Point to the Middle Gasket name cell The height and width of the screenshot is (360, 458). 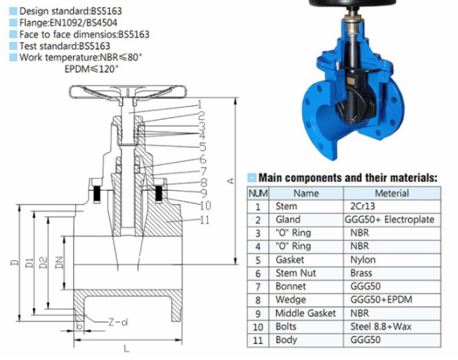tap(306, 313)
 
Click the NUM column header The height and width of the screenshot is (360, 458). tap(258, 194)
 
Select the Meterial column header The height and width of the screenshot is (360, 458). tap(392, 194)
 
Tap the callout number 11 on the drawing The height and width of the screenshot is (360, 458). tap(204, 220)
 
